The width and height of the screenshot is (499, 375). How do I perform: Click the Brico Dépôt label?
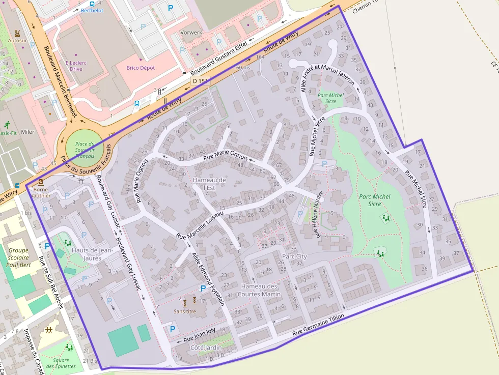point(141,68)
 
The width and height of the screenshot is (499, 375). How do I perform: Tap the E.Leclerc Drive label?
point(76,66)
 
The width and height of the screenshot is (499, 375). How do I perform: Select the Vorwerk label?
point(191,33)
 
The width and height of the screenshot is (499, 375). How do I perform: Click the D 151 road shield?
point(200,81)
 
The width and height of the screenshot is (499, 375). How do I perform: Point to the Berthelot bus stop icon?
point(92,3)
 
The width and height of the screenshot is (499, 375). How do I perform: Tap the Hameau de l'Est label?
point(209,184)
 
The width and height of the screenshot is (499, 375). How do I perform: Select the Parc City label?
point(294,256)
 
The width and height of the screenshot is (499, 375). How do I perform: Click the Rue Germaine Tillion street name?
point(319,325)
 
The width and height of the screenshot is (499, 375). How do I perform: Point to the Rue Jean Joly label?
point(200,335)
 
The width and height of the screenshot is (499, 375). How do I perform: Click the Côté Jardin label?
point(206,348)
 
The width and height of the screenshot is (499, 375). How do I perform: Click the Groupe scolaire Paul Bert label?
point(19,257)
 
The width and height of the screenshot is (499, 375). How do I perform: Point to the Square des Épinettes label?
point(61,363)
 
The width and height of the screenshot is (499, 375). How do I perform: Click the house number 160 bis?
point(242,67)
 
